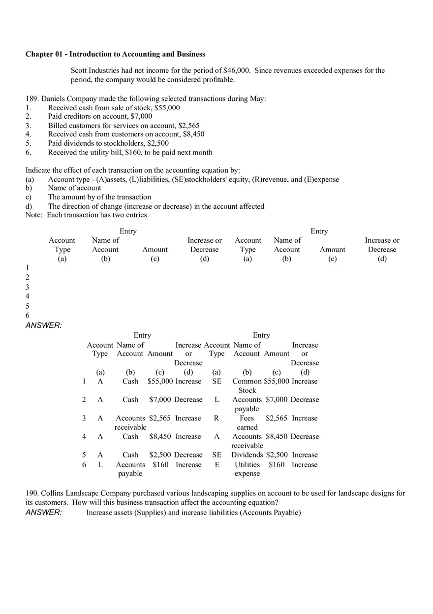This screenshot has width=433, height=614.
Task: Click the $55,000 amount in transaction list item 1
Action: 167,107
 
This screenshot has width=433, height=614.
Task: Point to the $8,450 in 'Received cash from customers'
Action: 193,134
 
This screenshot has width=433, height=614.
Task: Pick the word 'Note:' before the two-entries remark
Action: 34,215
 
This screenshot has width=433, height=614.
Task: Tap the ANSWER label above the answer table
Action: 43,325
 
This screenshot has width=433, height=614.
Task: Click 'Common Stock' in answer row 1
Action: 247,386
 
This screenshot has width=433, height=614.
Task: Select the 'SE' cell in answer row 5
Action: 216,455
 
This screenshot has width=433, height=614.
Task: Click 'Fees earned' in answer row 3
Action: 247,422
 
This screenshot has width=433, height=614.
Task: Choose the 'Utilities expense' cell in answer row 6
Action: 247,469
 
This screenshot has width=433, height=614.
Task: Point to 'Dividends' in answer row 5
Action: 247,455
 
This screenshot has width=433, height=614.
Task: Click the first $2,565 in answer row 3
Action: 160,418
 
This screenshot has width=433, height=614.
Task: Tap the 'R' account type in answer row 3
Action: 216,418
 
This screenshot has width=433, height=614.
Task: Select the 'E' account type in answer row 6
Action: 216,465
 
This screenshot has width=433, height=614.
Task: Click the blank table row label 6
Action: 28,315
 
